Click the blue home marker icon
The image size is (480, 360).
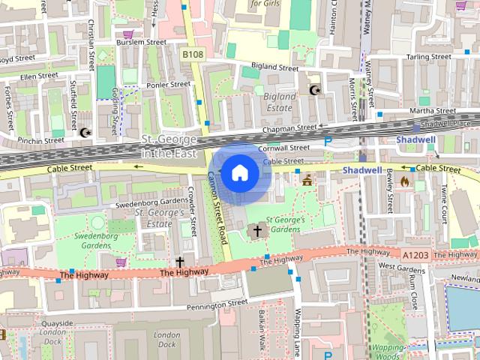pos(239,172)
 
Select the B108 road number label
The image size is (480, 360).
pos(193,54)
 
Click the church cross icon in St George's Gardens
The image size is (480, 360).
pos(258,230)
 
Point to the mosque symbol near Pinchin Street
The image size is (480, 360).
pos(85,133)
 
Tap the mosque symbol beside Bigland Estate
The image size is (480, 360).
pos(315,91)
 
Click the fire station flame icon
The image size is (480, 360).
pos(406,181)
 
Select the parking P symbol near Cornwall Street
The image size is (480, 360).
pos(328,140)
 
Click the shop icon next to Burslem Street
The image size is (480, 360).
pos(128,34)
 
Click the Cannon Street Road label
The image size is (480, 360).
pos(217,207)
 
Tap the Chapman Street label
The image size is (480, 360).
pos(286,130)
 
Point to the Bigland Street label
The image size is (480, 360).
pos(274,67)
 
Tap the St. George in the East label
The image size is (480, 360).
pos(169,146)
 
